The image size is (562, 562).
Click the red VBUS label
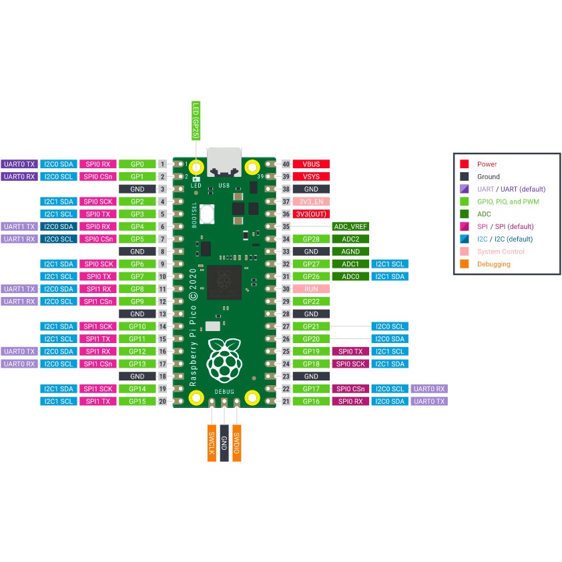311,164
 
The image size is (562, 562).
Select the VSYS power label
311,176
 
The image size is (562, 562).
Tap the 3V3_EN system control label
311,202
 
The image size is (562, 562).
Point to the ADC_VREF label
350,226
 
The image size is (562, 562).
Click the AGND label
350,252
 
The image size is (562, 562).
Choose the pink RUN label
311,289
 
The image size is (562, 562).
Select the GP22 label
311,302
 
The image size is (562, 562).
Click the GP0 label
137,164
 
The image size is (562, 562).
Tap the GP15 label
137,401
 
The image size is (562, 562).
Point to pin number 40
286,164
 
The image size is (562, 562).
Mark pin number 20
162,401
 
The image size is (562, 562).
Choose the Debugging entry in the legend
493,264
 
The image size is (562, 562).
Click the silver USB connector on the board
224,162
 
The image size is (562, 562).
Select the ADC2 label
350,239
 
